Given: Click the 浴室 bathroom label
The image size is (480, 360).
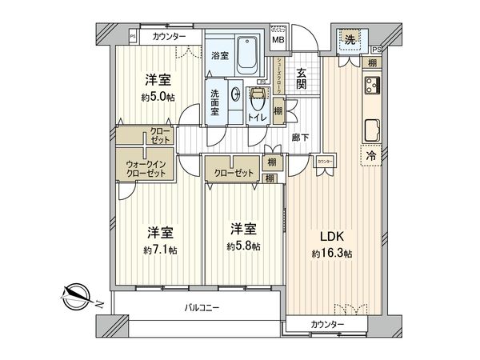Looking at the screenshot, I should (220, 55).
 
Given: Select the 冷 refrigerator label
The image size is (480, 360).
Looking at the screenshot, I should (371, 157).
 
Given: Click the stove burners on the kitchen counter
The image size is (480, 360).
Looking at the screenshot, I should (372, 86).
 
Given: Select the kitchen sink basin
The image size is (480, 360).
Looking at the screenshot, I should (372, 130).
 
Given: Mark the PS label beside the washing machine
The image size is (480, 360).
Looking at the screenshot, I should (375, 50).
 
